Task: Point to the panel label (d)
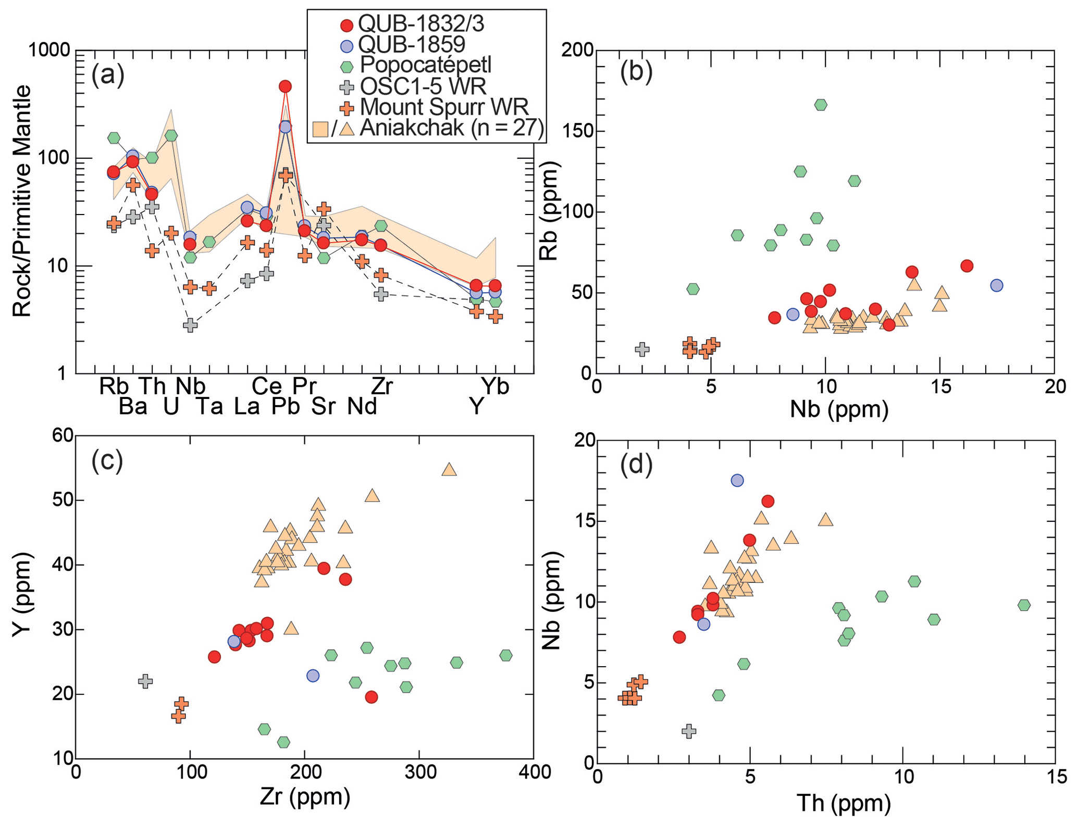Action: point(636,465)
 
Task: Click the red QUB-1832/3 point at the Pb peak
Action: point(284,86)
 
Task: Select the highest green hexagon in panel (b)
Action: point(821,105)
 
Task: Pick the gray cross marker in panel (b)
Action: point(642,349)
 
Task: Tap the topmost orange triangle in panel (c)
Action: point(449,470)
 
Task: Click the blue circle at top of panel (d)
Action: point(737,480)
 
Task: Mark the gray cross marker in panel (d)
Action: point(689,731)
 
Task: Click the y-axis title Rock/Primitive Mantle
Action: point(22,201)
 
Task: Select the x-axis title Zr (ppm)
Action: point(304,797)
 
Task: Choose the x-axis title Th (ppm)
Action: point(843,803)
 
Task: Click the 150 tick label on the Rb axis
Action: point(577,131)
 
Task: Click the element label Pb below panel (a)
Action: point(285,406)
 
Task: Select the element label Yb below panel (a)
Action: point(494,386)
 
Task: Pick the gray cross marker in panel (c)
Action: point(145,681)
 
